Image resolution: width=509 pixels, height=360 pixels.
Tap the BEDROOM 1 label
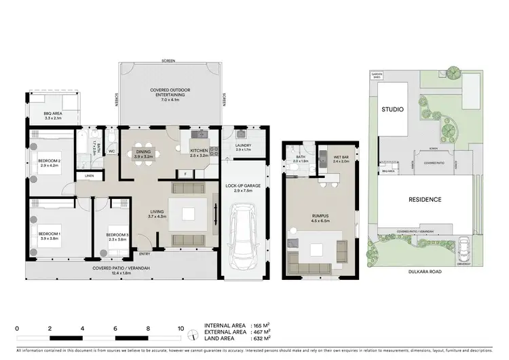pyautogui.click(x=50, y=234)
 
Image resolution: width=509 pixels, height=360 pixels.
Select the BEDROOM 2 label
pyautogui.click(x=50, y=161)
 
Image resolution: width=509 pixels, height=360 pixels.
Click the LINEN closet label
pyautogui.click(x=90, y=176)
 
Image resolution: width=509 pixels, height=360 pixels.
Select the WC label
pyautogui.click(x=111, y=151)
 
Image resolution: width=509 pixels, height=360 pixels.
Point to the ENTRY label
pyautogui.click(x=145, y=254)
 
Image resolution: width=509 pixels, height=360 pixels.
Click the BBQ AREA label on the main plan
pyautogui.click(x=53, y=114)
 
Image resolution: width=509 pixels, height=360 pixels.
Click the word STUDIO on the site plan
pyautogui.click(x=392, y=109)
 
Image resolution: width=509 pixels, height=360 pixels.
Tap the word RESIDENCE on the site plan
pyautogui.click(x=425, y=200)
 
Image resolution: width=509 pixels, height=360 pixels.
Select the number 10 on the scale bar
pyautogui.click(x=181, y=328)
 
